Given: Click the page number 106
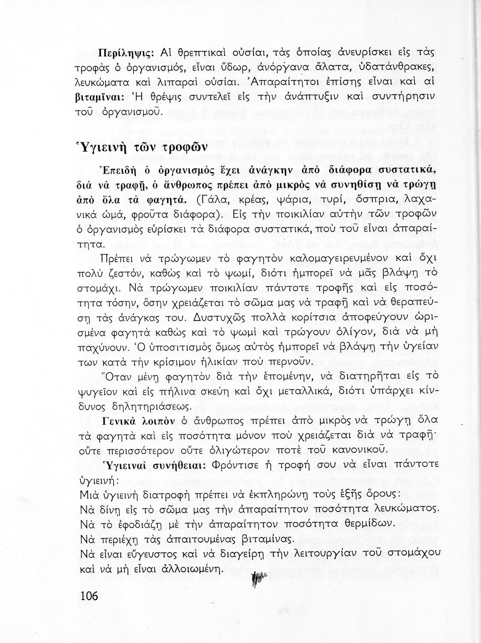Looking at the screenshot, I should [89, 595].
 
